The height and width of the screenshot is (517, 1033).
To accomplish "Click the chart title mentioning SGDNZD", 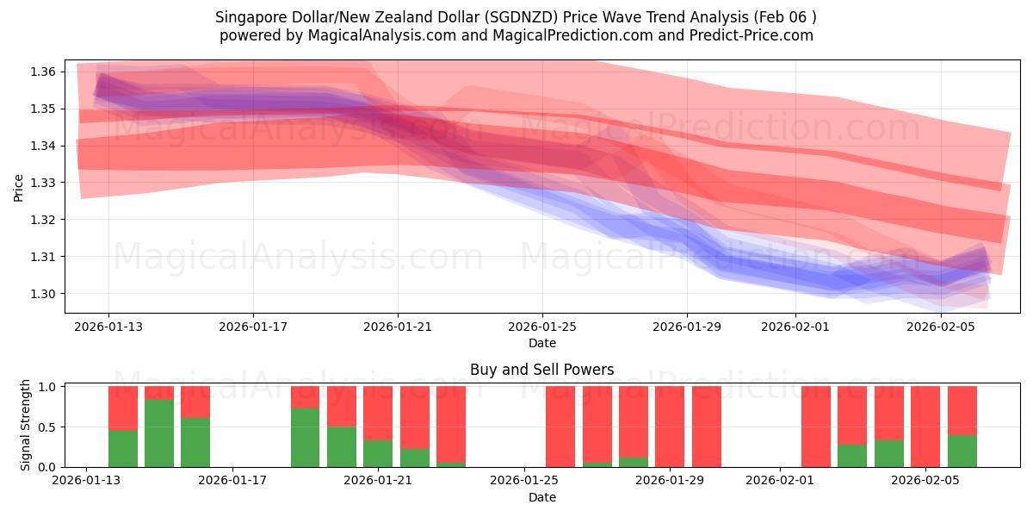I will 516,16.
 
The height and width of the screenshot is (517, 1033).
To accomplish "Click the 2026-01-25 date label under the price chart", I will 542,327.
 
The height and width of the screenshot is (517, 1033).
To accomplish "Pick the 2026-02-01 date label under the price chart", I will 795,327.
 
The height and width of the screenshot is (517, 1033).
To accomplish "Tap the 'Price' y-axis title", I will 19,187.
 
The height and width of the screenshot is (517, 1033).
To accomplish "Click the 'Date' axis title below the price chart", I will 542,343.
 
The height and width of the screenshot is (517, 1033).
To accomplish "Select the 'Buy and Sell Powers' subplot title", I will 542,370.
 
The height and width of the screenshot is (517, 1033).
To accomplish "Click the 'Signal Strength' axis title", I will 26,425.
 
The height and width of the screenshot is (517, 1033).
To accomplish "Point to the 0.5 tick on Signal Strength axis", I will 47,427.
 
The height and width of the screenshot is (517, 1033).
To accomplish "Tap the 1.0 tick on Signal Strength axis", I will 47,387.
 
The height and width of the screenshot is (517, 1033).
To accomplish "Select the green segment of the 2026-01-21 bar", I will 378,454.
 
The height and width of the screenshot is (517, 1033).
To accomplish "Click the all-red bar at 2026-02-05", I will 925,427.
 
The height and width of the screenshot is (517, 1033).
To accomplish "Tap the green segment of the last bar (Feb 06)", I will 962,451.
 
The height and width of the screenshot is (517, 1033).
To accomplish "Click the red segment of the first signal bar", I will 123,408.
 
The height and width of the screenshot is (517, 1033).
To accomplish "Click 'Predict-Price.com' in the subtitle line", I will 752,35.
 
